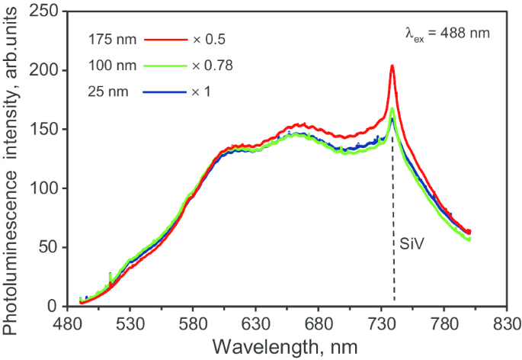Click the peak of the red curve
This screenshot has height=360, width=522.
pos(392,66)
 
